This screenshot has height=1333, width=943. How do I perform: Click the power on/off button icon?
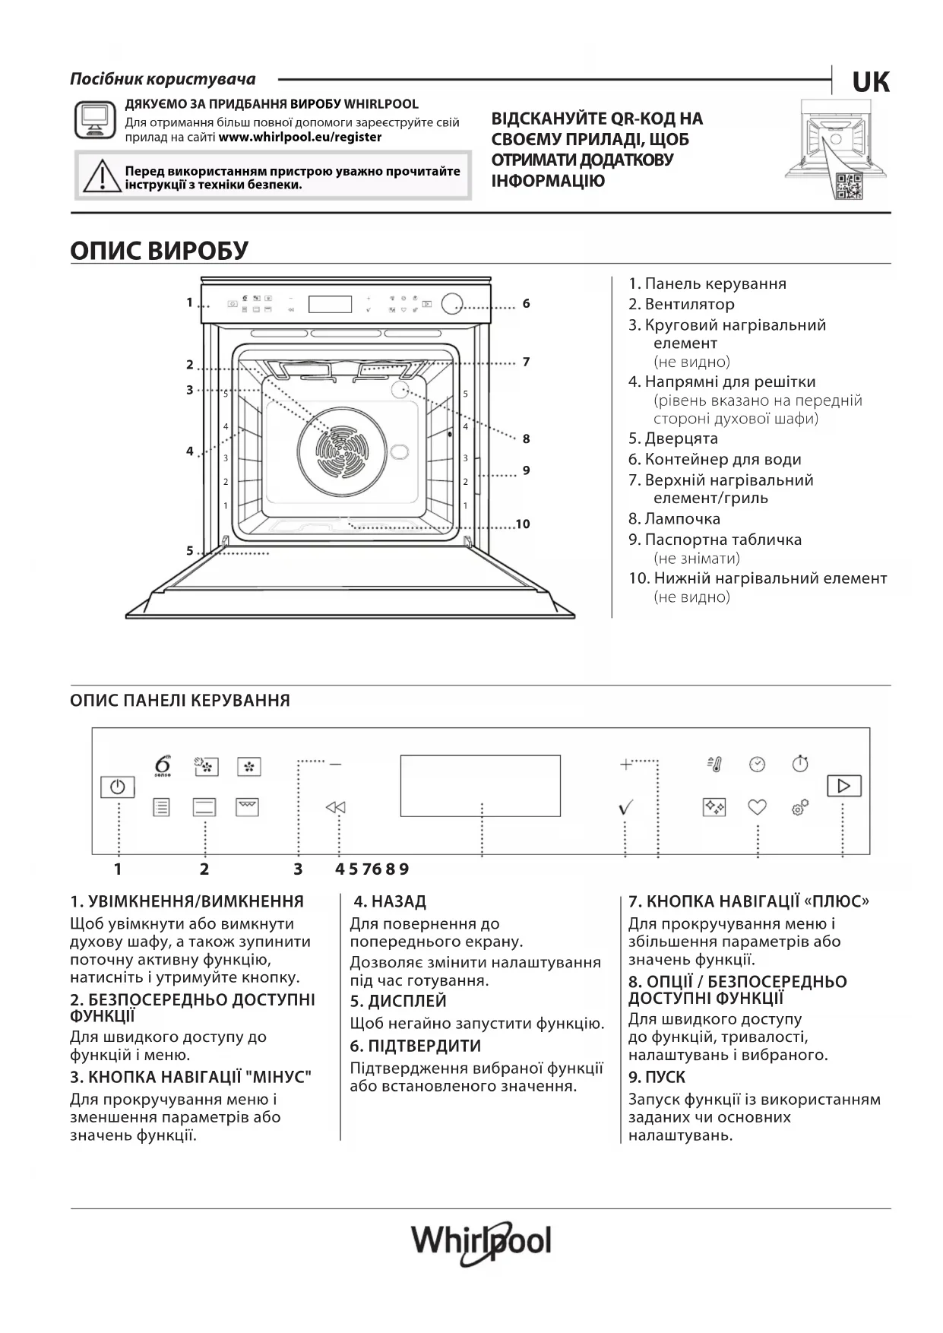117,787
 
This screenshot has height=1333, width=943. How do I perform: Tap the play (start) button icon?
843,785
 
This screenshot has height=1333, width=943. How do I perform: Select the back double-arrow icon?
335,807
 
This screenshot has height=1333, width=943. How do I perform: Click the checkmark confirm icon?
625,808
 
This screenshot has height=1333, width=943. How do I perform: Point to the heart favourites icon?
757,807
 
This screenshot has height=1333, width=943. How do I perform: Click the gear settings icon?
800,807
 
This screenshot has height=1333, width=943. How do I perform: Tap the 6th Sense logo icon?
162,765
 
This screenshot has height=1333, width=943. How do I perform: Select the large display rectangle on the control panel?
480,785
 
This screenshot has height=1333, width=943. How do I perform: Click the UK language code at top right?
871,82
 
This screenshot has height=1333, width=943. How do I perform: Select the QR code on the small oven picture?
849,185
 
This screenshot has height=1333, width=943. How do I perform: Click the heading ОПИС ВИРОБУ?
160,250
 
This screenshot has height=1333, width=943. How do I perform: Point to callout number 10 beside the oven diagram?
522,524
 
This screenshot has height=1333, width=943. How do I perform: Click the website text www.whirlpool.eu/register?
299,137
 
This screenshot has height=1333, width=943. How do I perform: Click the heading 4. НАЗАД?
390,901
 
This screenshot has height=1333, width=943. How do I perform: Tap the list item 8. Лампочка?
674,518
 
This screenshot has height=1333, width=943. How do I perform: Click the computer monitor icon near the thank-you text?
95,120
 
